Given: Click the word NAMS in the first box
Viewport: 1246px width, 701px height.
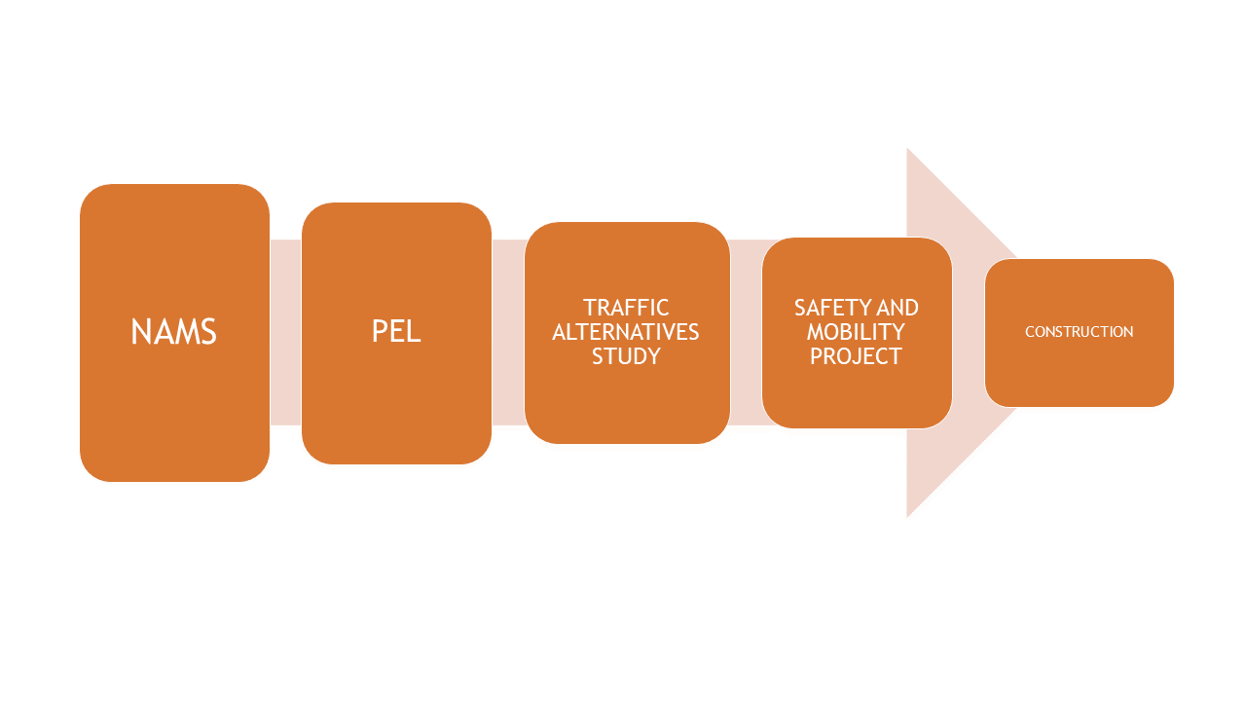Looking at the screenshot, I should point(173,332).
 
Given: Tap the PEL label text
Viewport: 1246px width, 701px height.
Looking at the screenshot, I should point(396,332).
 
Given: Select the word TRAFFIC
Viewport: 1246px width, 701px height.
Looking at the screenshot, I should point(626,309).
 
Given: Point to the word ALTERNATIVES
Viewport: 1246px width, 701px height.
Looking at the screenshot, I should point(626,332).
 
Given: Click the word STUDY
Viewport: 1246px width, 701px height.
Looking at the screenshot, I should point(626,356).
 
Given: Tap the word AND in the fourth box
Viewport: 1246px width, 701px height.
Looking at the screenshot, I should point(898,309).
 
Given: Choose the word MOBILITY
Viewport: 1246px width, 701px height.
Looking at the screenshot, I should point(856,332).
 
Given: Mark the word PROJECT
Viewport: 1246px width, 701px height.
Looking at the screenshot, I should point(856,356).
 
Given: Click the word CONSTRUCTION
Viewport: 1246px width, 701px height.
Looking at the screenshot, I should point(1079,332).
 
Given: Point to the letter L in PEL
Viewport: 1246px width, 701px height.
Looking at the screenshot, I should point(415,332).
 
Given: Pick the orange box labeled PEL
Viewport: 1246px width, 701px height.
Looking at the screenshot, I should point(396,409).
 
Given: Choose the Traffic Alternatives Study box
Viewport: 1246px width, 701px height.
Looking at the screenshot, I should point(626,409).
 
